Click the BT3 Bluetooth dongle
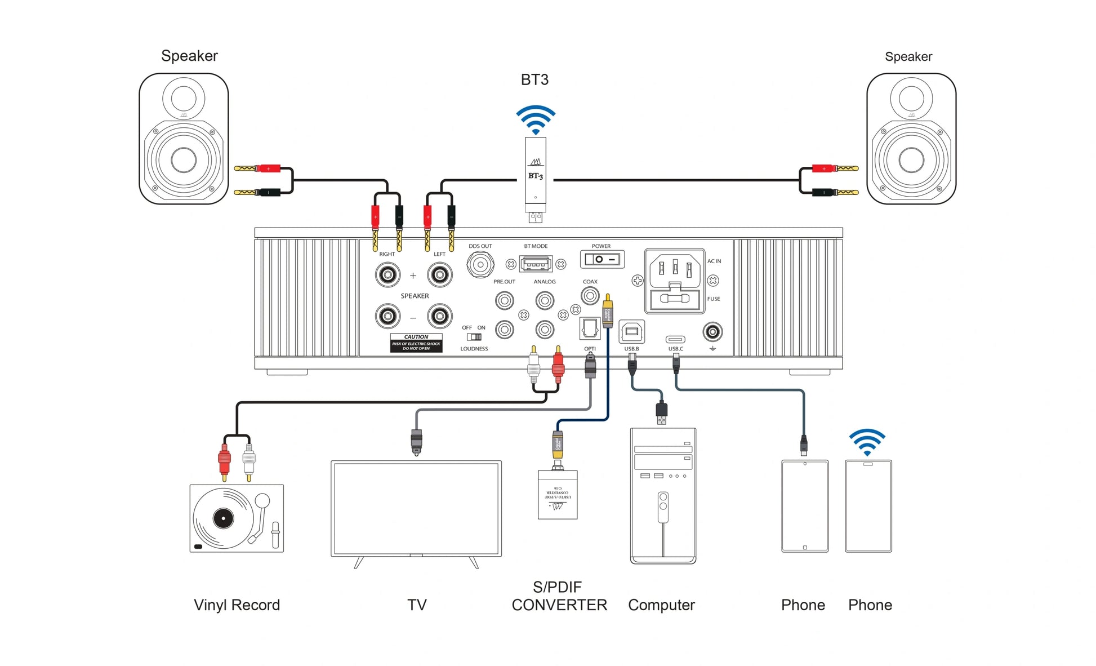[535, 172]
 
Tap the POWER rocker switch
[602, 259]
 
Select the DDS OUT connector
[480, 264]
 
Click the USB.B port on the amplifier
[631, 331]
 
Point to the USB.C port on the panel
[675, 339]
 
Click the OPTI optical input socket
[590, 328]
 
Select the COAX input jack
[590, 295]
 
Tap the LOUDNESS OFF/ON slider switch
[474, 337]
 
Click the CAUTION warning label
[416, 343]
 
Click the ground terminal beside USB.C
[712, 332]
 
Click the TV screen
[416, 508]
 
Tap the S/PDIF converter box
[558, 495]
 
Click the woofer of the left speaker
[183, 160]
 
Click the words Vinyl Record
[237, 605]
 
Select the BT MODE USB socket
[536, 264]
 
